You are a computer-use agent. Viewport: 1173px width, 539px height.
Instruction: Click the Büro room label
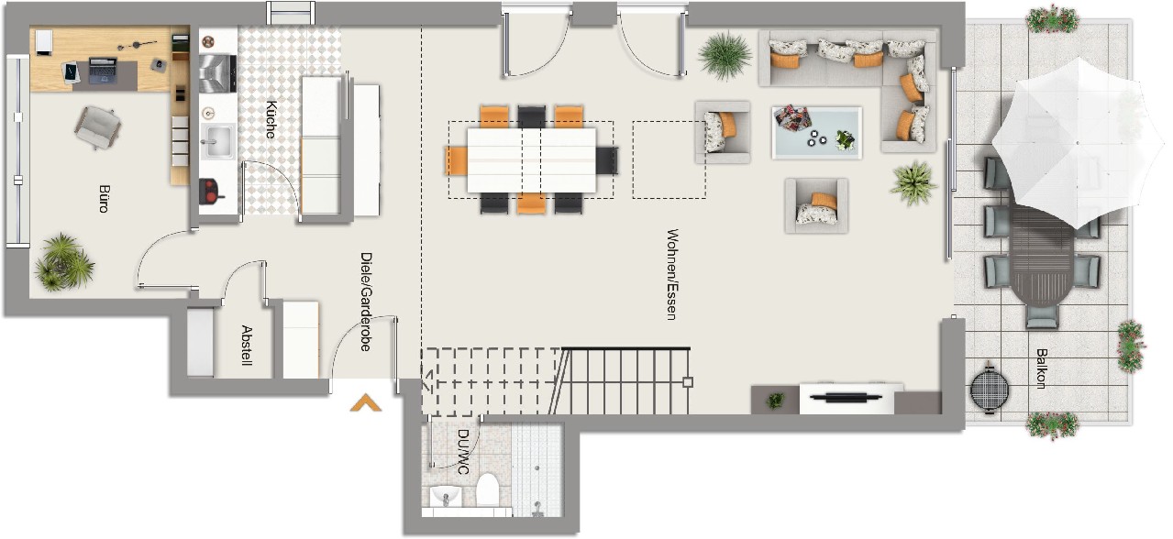point(105,198)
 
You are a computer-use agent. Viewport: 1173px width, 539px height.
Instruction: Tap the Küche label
point(271,119)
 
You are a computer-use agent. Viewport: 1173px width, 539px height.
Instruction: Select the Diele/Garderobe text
point(366,302)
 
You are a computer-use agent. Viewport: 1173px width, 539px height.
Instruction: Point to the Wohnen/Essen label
point(672,274)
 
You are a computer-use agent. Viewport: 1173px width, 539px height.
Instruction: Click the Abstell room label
point(247,346)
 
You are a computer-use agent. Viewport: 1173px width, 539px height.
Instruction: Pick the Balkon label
point(1041,368)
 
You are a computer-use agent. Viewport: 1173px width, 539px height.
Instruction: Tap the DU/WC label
point(463,452)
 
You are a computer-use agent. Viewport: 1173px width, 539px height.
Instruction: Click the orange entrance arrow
point(366,403)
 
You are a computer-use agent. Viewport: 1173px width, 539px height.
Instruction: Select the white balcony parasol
point(1078,142)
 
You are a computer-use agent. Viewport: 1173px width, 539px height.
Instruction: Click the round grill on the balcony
point(990,389)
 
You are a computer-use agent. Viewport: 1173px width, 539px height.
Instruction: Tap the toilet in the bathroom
point(487,489)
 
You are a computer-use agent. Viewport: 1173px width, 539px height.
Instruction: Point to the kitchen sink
point(218,141)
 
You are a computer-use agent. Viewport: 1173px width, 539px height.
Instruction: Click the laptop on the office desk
point(103,70)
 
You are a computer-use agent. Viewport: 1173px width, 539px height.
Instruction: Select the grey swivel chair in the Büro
point(97,126)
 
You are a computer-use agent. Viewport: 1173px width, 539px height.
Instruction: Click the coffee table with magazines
point(817,132)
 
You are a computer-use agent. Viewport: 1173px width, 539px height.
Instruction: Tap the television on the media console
point(846,397)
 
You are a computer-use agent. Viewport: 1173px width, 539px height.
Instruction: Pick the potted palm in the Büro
point(64,262)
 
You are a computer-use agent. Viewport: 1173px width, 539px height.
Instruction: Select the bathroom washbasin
point(446,496)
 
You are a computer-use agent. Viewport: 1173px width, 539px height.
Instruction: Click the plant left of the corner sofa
point(725,56)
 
